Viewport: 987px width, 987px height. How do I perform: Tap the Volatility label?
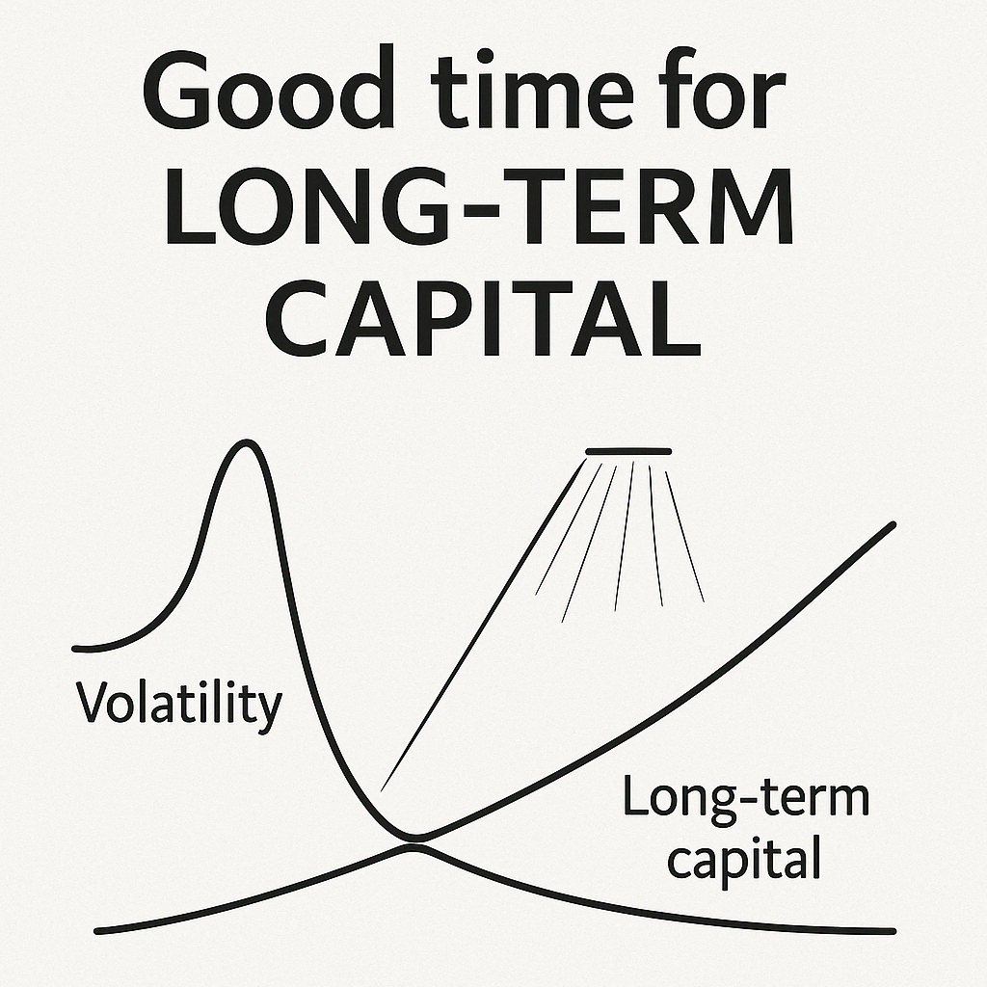click(x=179, y=704)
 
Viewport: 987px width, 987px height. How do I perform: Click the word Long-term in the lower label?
click(x=745, y=801)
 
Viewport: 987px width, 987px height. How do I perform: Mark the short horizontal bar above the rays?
click(x=628, y=451)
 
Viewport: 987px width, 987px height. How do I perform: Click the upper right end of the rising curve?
click(x=893, y=524)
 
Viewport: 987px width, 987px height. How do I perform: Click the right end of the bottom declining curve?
click(x=892, y=930)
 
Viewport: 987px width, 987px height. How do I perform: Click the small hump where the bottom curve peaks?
click(x=413, y=846)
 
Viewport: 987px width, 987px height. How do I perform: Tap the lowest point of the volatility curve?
click(x=413, y=836)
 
